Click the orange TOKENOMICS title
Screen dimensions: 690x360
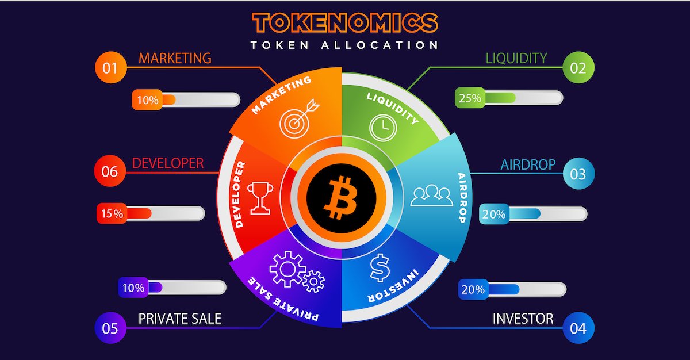345,23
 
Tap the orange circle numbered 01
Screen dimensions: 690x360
111,67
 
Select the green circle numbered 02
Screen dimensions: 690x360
578,67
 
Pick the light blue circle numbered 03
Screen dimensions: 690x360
578,174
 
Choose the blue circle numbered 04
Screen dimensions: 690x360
578,328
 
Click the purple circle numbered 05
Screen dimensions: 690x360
110,328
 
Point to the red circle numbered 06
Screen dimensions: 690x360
110,171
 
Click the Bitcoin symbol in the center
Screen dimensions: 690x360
341,198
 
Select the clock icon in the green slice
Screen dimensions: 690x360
383,128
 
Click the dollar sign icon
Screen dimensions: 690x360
380,267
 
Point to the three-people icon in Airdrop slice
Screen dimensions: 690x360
432,196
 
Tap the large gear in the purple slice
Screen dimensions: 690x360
287,269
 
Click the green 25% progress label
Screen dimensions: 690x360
470,98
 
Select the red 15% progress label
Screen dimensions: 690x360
112,213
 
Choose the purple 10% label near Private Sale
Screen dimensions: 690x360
133,288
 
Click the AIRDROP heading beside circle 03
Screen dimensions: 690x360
528,164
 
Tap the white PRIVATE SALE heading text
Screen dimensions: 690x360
179,319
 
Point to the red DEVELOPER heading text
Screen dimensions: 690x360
168,163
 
